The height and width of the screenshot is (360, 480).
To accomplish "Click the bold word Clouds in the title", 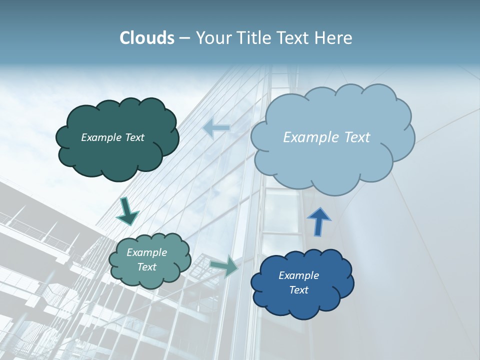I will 147,38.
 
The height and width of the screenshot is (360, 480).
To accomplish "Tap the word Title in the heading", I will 255,38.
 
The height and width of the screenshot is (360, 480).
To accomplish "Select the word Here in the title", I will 335,38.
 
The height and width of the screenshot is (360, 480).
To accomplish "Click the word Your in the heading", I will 213,38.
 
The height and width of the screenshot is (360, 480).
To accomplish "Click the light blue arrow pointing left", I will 217,128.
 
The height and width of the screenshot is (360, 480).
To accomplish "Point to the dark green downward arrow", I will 127,212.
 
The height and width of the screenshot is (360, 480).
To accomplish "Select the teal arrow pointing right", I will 225,265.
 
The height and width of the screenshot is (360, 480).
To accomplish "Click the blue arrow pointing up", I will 318,221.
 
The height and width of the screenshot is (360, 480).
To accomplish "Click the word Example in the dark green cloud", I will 101,137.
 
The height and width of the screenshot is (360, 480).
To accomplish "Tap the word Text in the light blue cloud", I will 353,137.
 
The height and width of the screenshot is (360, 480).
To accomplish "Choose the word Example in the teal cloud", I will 147,252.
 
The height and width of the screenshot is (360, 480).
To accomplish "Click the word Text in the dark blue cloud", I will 299,290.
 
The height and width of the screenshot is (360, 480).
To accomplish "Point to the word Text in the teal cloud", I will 147,267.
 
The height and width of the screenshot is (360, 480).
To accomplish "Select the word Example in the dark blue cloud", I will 299,275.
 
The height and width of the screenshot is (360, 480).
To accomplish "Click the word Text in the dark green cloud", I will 134,137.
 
